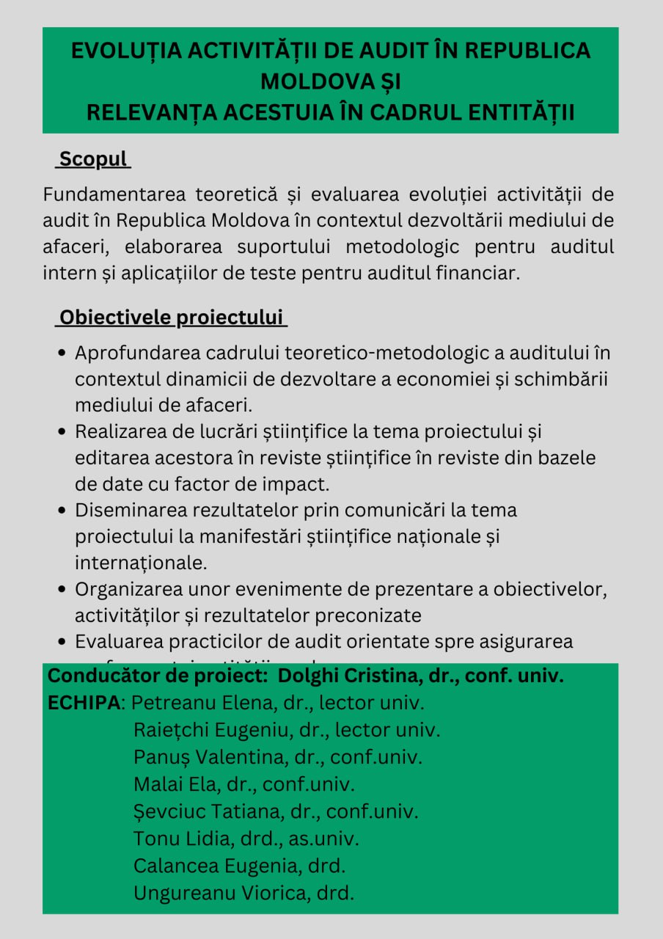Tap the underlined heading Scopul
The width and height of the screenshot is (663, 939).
click(93, 159)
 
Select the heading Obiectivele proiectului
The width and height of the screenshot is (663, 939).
click(171, 318)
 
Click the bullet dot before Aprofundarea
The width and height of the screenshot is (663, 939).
click(63, 354)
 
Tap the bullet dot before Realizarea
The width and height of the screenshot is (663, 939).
click(63, 432)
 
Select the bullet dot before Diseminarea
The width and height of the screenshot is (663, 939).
click(63, 511)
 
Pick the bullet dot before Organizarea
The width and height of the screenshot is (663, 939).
click(63, 589)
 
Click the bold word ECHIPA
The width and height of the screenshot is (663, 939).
click(84, 702)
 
